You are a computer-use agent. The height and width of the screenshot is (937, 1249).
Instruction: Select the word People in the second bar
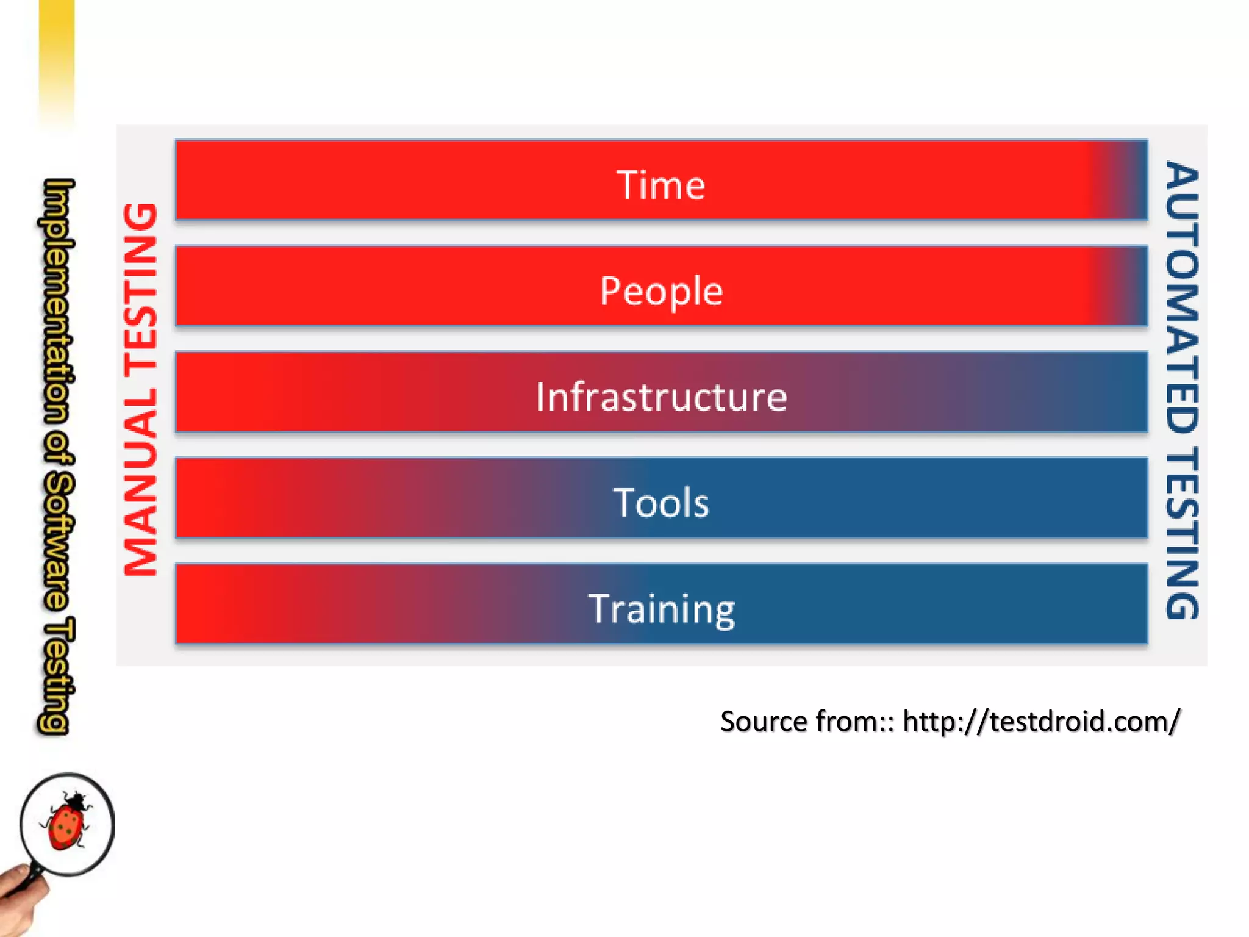click(661, 291)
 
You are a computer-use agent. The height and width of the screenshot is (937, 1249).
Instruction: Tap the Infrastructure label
click(661, 397)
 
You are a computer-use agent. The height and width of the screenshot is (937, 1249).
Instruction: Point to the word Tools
click(661, 503)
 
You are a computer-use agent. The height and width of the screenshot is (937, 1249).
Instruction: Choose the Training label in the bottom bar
click(661, 609)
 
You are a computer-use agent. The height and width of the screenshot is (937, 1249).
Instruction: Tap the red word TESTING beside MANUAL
click(141, 287)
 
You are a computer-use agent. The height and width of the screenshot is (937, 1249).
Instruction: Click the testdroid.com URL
click(1041, 722)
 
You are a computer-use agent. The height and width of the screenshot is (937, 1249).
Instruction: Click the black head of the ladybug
click(76, 798)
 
